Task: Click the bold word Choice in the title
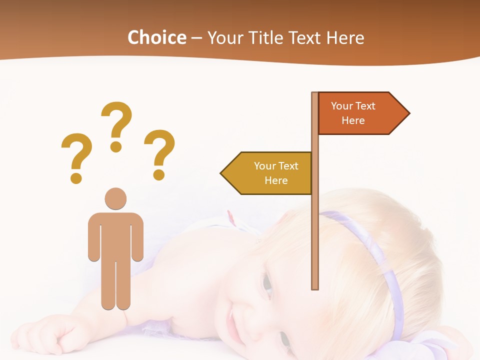click(156, 37)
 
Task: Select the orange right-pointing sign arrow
click(360, 113)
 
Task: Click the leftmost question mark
click(76, 152)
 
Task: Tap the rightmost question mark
click(160, 150)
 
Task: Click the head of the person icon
click(115, 198)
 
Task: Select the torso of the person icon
click(115, 235)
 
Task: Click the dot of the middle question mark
click(116, 146)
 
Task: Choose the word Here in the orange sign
click(353, 120)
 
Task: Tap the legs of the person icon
click(115, 285)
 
